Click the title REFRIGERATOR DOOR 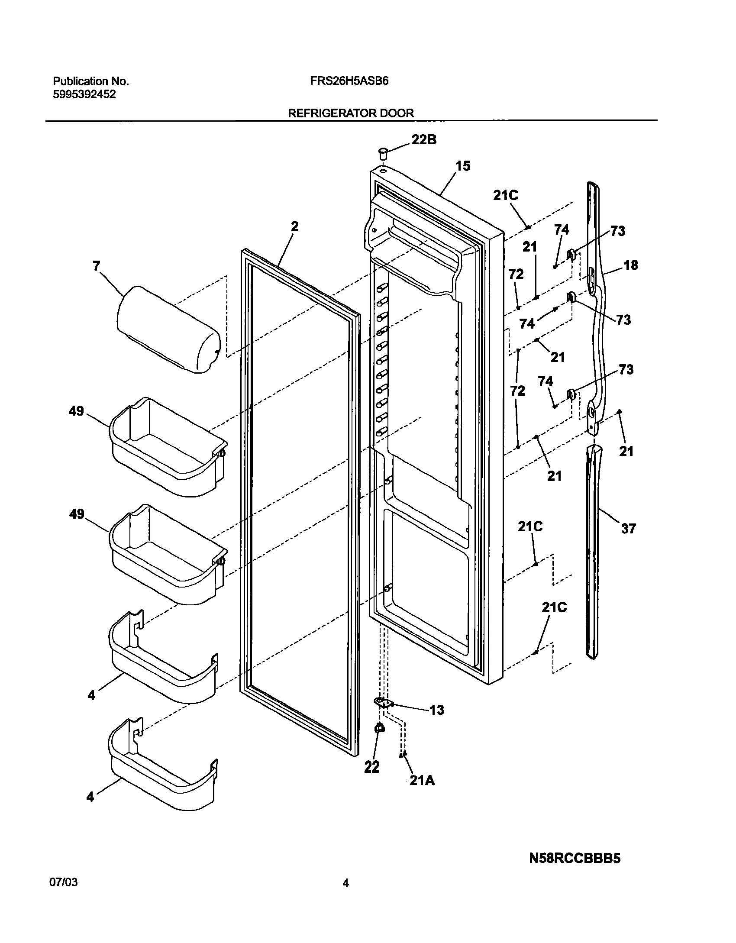point(351,113)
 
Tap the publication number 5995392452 point(84,94)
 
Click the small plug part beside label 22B point(383,153)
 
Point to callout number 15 point(462,166)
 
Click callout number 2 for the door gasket point(294,226)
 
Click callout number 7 point(96,265)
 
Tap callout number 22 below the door point(372,767)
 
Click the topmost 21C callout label point(506,195)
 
